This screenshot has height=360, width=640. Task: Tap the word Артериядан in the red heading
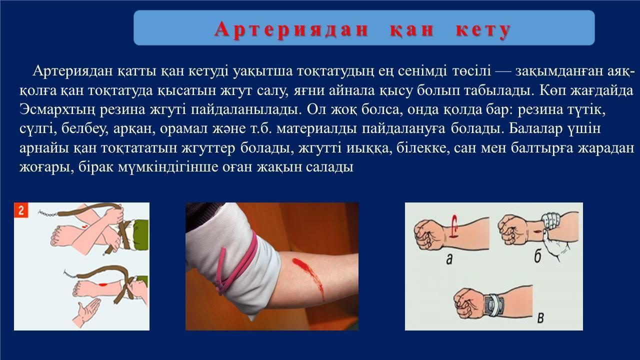tap(291, 29)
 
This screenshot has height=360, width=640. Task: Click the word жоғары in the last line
tap(45, 167)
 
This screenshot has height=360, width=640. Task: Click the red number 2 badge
tap(21, 210)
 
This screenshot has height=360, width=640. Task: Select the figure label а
tap(449, 259)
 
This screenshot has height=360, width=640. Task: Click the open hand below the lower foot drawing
tap(86, 312)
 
